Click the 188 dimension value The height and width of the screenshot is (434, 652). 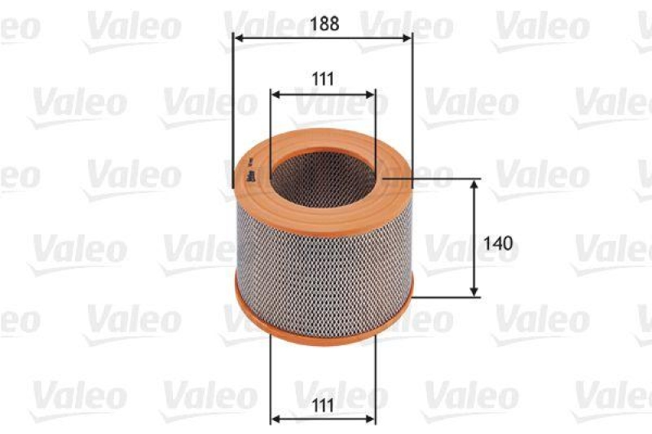[323, 24]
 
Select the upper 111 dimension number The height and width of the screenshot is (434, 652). [323, 79]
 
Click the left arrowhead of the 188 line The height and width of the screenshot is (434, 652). [237, 37]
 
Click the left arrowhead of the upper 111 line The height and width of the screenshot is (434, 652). [275, 94]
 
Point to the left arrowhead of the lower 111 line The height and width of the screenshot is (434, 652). [275, 419]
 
